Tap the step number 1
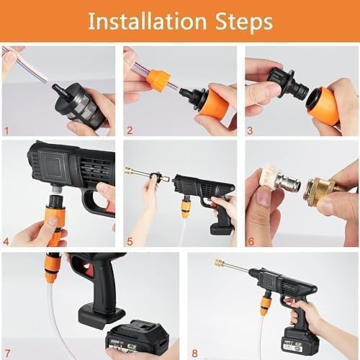pyautogui.click(x=6, y=131)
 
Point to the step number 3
pyautogui.click(x=250, y=131)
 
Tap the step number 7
pyautogui.click(x=6, y=354)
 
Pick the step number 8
pyautogui.click(x=194, y=354)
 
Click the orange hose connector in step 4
pyautogui.click(x=52, y=216)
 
